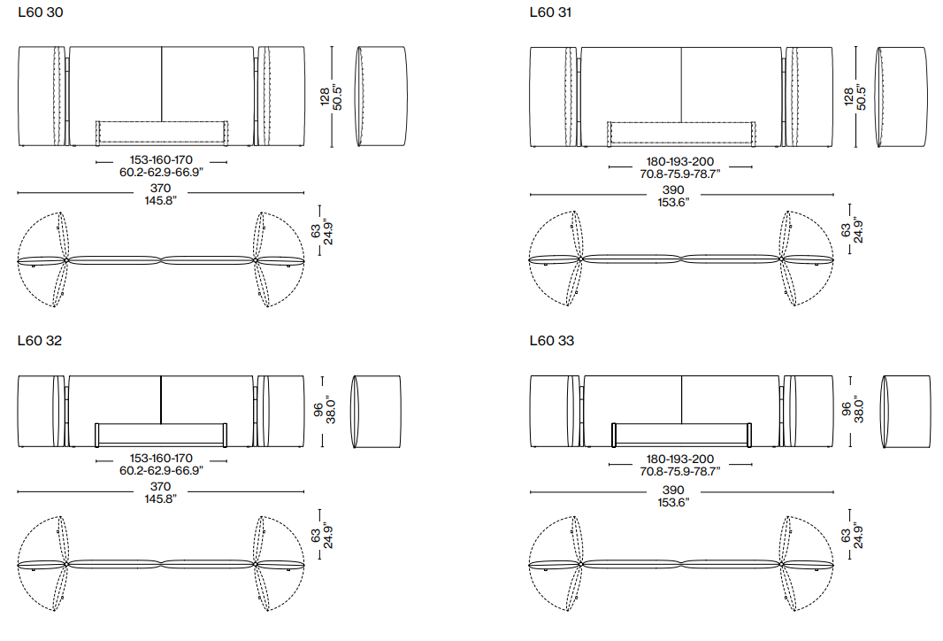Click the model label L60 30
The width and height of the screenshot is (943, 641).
point(41,12)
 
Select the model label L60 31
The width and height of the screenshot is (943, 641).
point(550,12)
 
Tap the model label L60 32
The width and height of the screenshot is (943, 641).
point(40,341)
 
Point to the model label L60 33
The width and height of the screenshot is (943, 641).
point(551,341)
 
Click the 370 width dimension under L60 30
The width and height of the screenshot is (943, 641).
point(161,188)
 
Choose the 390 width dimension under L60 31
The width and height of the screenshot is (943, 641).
point(673,189)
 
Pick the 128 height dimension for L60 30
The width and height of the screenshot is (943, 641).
point(325,97)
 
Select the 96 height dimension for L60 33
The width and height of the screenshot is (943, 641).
point(847,409)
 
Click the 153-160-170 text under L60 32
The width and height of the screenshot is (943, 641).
point(161,458)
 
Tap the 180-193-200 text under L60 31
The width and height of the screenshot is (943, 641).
point(680,161)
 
